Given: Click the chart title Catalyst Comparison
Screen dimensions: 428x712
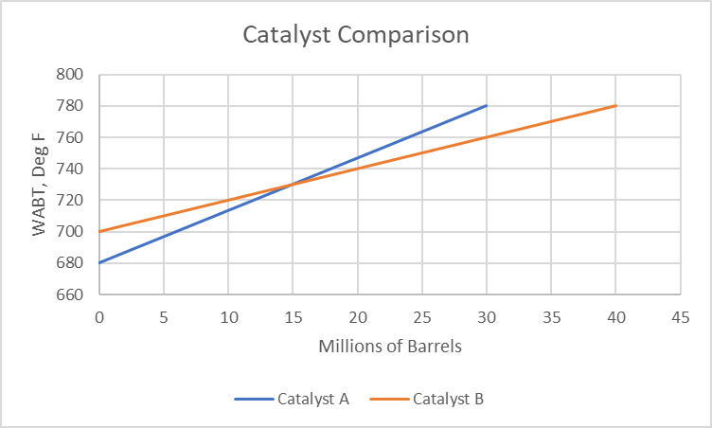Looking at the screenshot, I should [356, 35].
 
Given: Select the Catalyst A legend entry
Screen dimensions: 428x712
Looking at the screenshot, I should [313, 399].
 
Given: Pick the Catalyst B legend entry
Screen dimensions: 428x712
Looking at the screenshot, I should [449, 399].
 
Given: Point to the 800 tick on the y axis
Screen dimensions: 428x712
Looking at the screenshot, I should [72, 75].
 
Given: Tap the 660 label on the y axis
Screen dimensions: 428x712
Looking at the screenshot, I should [72, 294].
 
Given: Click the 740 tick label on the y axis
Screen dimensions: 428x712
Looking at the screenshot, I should [72, 169].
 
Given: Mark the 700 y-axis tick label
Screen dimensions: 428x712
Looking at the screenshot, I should [72, 232].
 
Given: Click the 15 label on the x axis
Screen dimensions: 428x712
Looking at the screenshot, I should [293, 316].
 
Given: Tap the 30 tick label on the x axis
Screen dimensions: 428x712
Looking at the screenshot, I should [487, 316].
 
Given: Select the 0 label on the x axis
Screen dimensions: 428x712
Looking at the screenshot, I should [98, 316].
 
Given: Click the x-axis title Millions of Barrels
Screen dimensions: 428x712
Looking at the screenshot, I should [390, 347].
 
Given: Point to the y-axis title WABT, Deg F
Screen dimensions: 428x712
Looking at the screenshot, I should [39, 185].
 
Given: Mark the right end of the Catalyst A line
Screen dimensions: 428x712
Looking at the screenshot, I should [487, 105].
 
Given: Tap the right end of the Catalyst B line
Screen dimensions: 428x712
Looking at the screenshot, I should [616, 105].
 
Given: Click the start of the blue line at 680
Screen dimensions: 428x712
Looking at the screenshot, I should [99, 262].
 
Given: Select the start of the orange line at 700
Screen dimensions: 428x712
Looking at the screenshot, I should [99, 231].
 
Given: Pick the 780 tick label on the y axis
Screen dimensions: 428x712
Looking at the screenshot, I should [72, 106].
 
